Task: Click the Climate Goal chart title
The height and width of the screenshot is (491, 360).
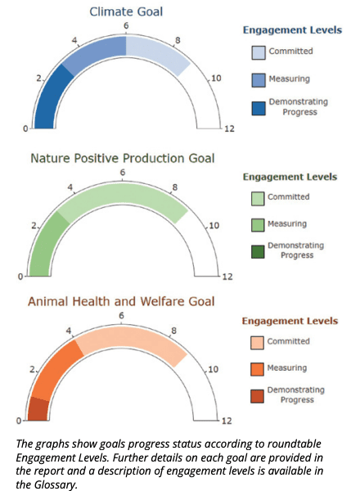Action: pos(126,12)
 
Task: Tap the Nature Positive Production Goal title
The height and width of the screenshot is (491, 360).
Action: pos(123,158)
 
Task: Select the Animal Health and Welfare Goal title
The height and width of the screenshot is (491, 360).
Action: pos(121,301)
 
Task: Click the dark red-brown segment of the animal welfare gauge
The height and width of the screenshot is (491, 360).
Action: pos(38,408)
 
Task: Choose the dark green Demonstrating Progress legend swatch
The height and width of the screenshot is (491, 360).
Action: pos(258,252)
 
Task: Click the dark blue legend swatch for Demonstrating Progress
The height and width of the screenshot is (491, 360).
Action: pos(259,108)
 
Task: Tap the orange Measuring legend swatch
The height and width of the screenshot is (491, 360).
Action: pos(257,369)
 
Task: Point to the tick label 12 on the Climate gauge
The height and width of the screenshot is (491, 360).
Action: pos(229,128)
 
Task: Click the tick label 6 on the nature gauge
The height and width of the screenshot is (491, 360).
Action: pos(123,172)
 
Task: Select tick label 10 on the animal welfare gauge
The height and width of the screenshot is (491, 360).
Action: pos(213,370)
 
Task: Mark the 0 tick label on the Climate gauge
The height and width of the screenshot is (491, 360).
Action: pos(25,128)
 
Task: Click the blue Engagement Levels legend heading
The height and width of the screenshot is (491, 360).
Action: pos(292,30)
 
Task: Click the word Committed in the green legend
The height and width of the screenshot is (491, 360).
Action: pos(288,197)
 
